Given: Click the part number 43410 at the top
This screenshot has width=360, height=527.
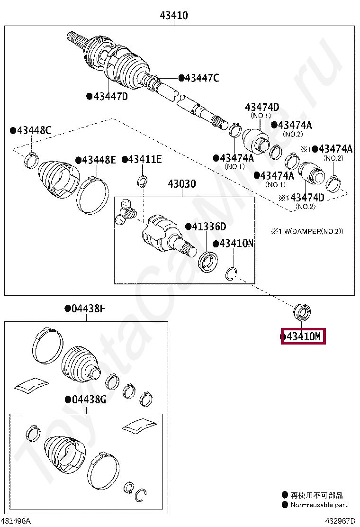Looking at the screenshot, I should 174,15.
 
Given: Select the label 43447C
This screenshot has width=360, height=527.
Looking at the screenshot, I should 201,78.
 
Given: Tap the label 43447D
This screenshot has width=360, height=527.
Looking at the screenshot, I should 110,97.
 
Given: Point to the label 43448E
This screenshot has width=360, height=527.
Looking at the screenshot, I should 99,160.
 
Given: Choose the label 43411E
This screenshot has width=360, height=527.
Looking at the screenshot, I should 144,160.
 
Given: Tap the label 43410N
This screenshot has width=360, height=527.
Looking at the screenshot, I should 236,244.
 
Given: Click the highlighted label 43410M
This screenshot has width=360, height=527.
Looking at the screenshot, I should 304,337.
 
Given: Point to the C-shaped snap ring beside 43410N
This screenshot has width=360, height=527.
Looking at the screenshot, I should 232,274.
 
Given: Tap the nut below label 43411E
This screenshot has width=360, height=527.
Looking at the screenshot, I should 143,181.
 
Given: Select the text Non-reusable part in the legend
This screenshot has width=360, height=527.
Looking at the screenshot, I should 319,505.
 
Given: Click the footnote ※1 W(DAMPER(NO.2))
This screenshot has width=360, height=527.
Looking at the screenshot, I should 307,231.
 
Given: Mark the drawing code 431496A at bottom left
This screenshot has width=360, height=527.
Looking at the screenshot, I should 17,521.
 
